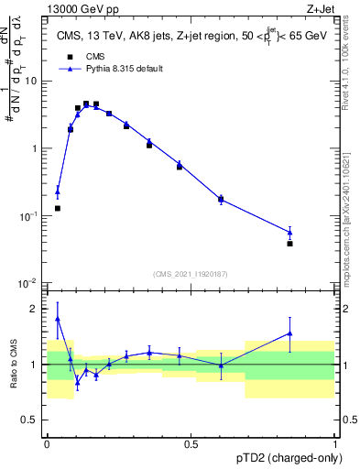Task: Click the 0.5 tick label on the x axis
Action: tap(191, 442)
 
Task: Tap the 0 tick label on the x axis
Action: tap(48, 442)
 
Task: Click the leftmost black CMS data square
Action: tap(58, 208)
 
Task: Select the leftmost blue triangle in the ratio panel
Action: tap(58, 319)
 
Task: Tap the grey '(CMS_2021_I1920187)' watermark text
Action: tap(191, 273)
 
